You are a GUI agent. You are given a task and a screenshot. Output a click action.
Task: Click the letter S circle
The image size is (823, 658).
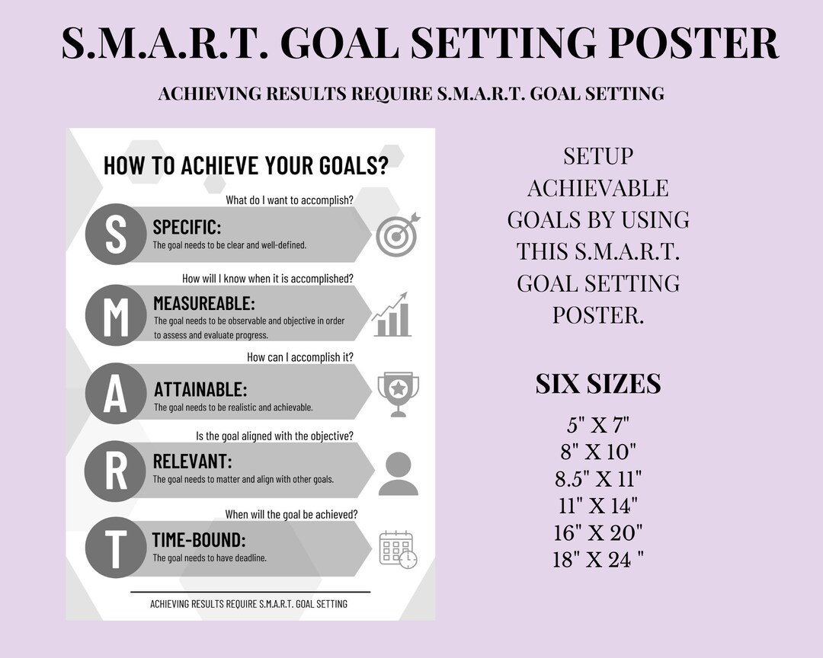(x=115, y=234)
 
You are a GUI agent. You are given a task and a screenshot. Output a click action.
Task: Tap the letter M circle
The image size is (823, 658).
(x=115, y=314)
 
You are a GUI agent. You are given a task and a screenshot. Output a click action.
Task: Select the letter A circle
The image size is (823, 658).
(x=115, y=393)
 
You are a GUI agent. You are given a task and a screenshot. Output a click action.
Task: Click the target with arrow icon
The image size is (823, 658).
(x=398, y=235)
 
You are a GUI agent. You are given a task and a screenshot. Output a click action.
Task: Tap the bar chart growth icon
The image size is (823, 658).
(x=392, y=315)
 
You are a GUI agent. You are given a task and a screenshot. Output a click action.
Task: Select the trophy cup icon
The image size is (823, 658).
(x=398, y=394)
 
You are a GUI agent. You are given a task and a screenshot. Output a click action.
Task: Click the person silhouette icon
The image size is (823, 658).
(x=398, y=473)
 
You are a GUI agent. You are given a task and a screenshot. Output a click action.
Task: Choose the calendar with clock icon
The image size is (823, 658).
(x=398, y=548)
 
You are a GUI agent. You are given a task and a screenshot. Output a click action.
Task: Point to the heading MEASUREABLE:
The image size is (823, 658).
(x=203, y=304)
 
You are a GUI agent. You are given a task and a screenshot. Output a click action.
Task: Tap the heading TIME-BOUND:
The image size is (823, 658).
(x=198, y=540)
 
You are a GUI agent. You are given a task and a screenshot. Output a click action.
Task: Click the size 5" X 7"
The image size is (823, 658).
(x=597, y=425)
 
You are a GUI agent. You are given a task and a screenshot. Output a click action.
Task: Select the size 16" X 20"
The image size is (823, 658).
(x=597, y=532)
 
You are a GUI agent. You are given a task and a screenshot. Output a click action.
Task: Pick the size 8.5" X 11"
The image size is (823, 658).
(x=597, y=478)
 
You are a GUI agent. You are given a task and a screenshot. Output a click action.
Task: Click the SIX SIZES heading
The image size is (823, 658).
(x=597, y=384)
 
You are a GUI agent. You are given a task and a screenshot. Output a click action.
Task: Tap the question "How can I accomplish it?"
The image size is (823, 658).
(x=299, y=356)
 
